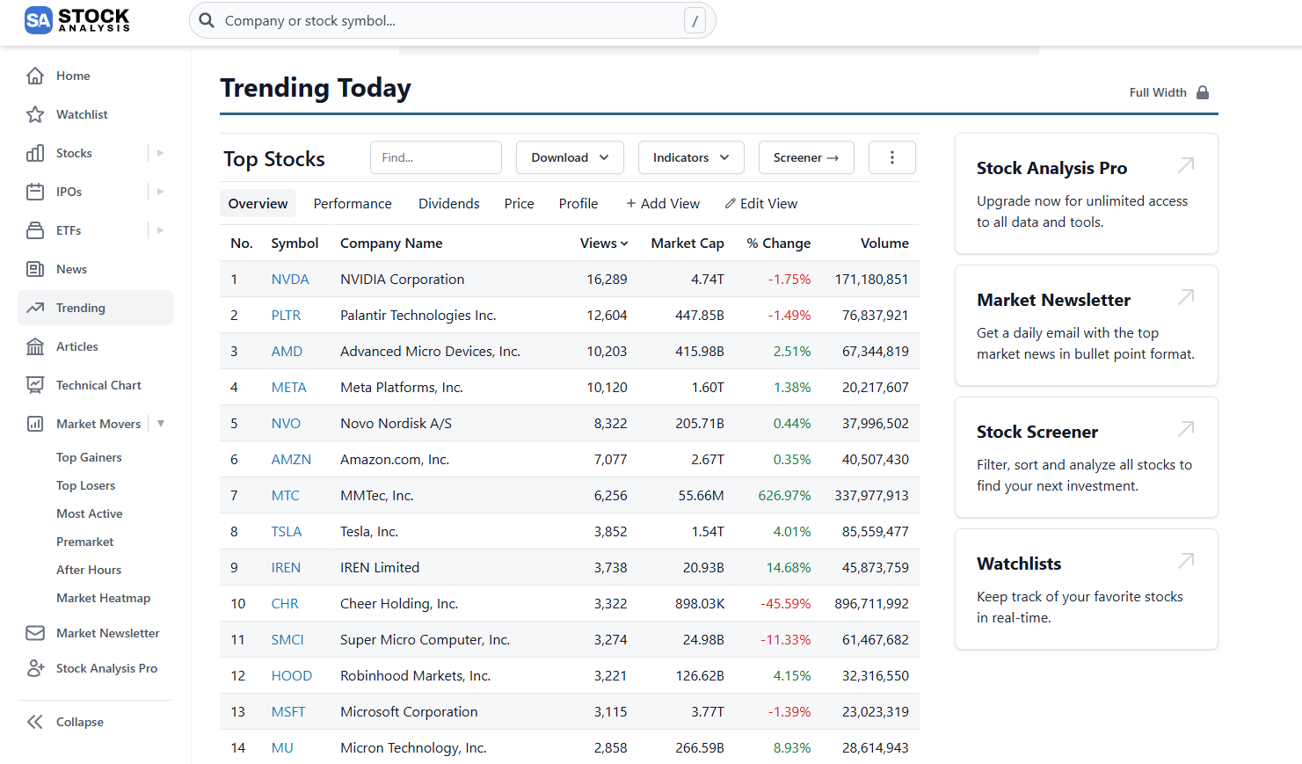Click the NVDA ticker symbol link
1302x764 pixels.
pyautogui.click(x=289, y=280)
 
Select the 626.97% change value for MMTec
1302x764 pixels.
pyautogui.click(x=784, y=496)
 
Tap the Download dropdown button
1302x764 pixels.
pyautogui.click(x=570, y=157)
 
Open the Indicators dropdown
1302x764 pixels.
pyautogui.click(x=691, y=157)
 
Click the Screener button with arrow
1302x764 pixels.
pyautogui.click(x=805, y=157)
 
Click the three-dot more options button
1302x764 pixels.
pyautogui.click(x=891, y=157)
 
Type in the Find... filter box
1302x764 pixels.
pyautogui.click(x=435, y=157)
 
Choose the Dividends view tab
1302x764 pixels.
pyautogui.click(x=448, y=204)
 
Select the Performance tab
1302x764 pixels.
pyautogui.click(x=353, y=204)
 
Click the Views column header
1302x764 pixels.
pyautogui.click(x=603, y=244)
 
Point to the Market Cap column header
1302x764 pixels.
pyautogui.click(x=687, y=244)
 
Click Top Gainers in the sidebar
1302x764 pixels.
pyautogui.click(x=89, y=457)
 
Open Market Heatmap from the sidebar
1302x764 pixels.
pyautogui.click(x=103, y=598)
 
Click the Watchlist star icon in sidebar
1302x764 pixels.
pyautogui.click(x=35, y=114)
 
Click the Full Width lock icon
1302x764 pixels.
pyautogui.click(x=1203, y=92)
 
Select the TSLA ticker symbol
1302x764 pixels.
pyautogui.click(x=286, y=532)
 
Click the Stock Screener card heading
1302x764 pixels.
pyautogui.click(x=1037, y=432)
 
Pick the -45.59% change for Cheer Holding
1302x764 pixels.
pyautogui.click(x=785, y=604)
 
